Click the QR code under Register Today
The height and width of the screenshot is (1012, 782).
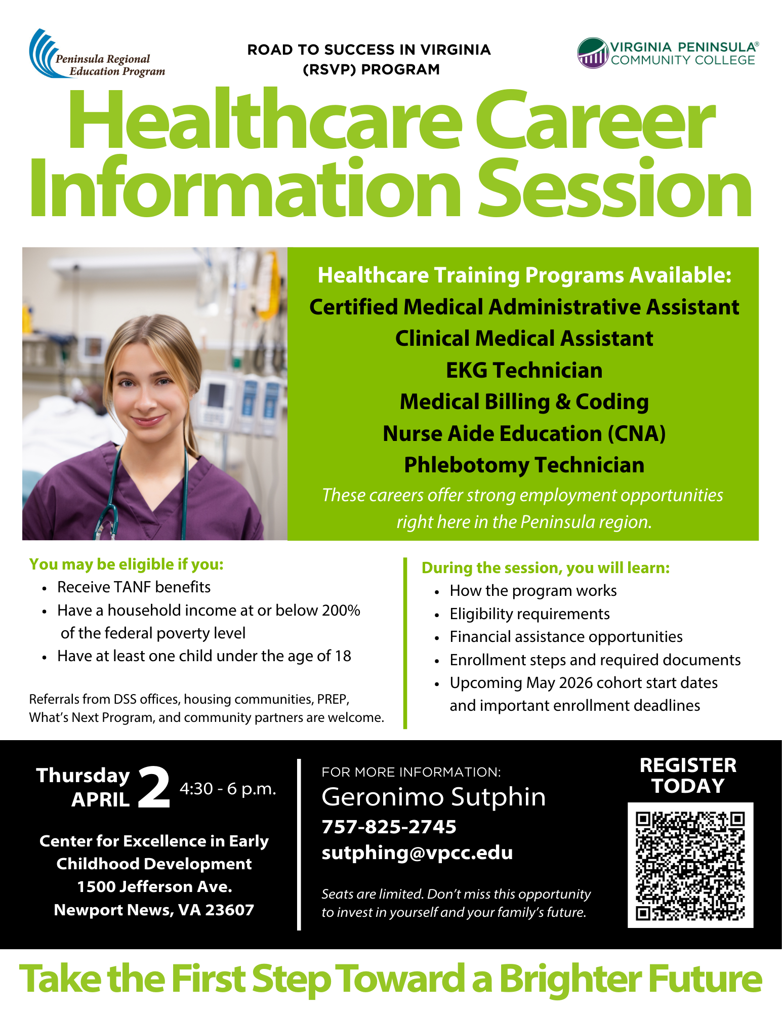[x=690, y=865]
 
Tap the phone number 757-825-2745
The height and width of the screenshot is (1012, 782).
[x=389, y=827]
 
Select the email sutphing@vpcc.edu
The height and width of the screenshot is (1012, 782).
[x=417, y=853]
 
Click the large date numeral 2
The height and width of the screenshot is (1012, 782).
[x=154, y=788]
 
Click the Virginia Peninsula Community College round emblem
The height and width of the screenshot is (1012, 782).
[x=593, y=53]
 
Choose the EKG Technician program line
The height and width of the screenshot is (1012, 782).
[x=524, y=371]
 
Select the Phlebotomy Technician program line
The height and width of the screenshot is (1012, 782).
[x=524, y=465]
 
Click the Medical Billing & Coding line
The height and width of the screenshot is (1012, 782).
[x=524, y=402]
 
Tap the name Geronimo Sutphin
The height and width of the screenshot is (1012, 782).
[x=433, y=797]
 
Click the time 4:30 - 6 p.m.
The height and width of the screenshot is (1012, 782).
[x=228, y=789]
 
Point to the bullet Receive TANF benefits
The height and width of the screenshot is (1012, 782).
[x=134, y=587]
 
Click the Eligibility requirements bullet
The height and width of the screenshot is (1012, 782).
[x=529, y=614]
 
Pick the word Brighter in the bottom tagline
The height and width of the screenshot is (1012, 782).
[x=570, y=979]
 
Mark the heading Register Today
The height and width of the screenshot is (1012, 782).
[x=688, y=776]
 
